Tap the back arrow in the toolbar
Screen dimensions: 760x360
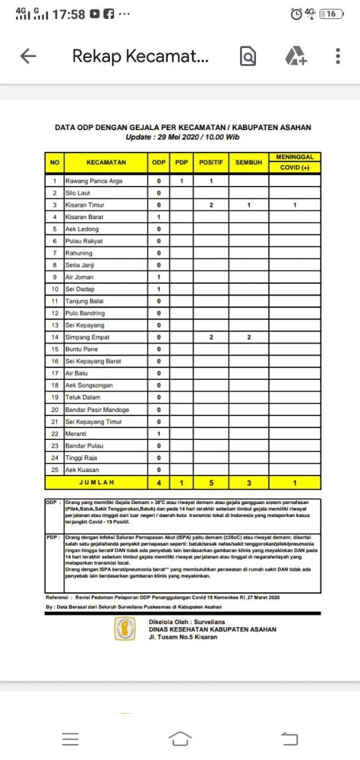tap(29, 56)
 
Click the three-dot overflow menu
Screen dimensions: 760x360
tap(337, 56)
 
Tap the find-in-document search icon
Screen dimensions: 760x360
tap(248, 56)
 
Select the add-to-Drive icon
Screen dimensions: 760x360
tap(295, 56)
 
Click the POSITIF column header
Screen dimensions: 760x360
tap(211, 162)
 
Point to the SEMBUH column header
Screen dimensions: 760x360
tap(248, 162)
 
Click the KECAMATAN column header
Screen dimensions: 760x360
tap(106, 162)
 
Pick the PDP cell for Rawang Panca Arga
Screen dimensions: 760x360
tap(182, 181)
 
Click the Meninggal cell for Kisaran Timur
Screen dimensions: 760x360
tap(295, 205)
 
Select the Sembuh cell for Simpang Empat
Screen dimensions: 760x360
tap(249, 337)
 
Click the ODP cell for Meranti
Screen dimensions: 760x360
tap(159, 434)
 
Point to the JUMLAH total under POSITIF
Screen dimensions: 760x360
tap(211, 483)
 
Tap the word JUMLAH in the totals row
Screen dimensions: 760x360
tap(97, 483)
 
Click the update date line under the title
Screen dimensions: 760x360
tap(182, 137)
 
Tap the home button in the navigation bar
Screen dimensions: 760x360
tap(180, 738)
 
